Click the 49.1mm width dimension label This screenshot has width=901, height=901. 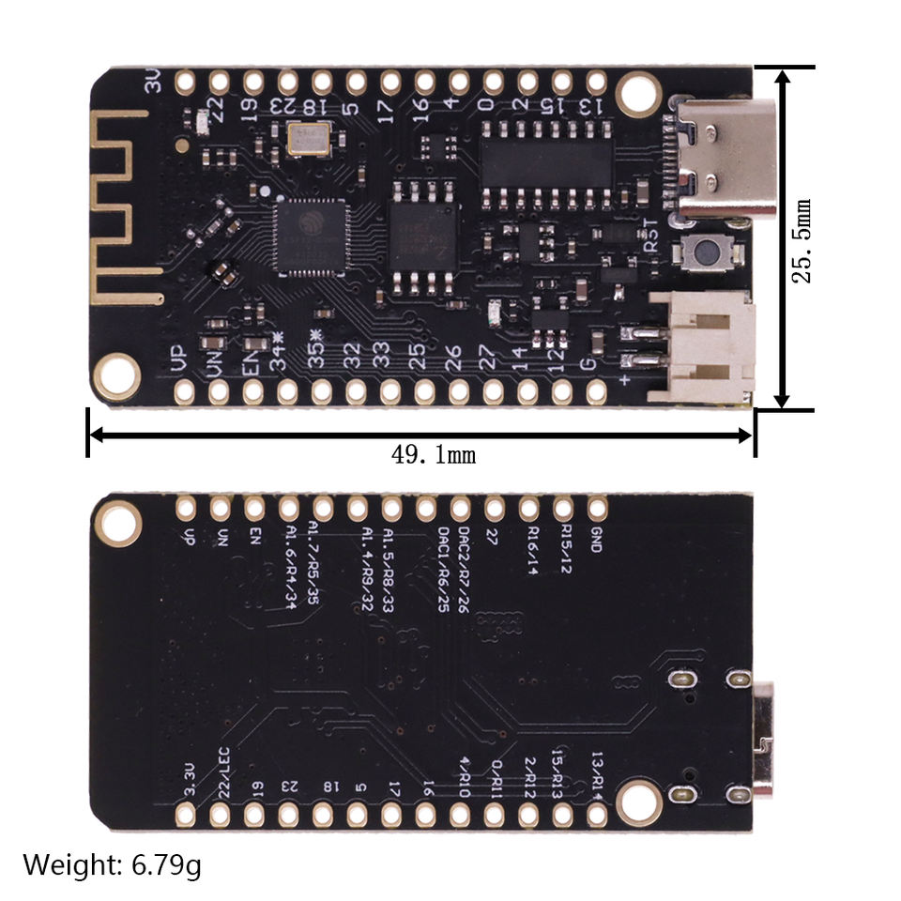(x=434, y=456)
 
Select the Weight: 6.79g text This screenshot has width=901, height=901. (x=112, y=864)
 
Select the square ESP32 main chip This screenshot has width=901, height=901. (x=310, y=234)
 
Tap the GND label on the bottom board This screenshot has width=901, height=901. (x=595, y=539)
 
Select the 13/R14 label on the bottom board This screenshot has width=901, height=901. (x=600, y=770)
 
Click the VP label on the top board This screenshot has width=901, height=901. (x=180, y=359)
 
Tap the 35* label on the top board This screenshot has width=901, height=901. (x=317, y=357)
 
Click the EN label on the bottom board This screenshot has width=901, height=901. (x=254, y=536)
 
